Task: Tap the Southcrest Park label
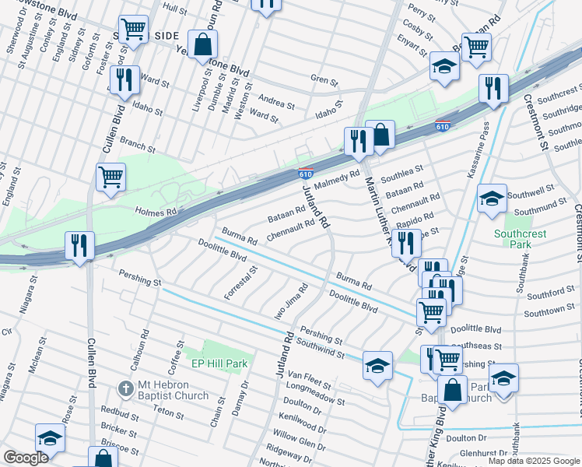click(x=519, y=239)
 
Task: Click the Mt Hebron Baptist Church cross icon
click(x=125, y=388)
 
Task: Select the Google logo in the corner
click(x=26, y=458)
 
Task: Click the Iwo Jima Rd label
click(x=295, y=300)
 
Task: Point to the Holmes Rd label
click(x=156, y=211)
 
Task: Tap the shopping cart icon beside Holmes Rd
click(x=110, y=176)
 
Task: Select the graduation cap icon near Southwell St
click(x=492, y=199)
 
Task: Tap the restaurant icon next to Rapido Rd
click(x=405, y=242)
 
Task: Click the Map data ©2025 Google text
click(x=533, y=461)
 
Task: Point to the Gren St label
click(x=324, y=80)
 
